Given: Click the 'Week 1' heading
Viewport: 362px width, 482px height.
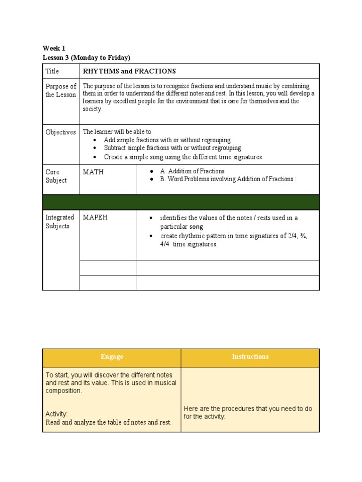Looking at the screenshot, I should [54, 48].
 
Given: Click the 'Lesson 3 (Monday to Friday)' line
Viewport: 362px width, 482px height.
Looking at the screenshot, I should [86, 57].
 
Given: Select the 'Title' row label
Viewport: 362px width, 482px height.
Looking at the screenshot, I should [52, 72].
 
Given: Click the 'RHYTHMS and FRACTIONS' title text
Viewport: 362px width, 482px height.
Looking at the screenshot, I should [129, 72].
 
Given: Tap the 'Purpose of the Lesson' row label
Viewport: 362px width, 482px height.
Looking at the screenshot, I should [60, 90].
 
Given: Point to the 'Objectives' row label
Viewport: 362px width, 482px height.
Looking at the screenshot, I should [60, 132].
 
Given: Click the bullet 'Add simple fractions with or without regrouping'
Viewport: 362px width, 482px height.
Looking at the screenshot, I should [167, 140].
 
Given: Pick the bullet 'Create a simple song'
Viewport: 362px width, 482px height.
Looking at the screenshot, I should [183, 157].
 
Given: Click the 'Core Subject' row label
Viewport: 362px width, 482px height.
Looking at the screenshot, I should [56, 176].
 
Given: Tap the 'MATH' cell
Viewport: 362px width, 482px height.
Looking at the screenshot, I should [93, 172].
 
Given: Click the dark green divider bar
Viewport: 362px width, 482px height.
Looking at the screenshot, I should [181, 202].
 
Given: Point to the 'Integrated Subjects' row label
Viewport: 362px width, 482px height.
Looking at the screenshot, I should [60, 222].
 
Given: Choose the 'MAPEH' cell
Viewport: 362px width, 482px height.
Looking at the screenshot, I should [95, 217].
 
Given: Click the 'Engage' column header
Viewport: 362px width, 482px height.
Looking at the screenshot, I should [112, 357].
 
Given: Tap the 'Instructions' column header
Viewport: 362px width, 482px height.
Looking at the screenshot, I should [250, 357].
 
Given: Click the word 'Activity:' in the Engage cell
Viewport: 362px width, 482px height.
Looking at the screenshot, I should [57, 414].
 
